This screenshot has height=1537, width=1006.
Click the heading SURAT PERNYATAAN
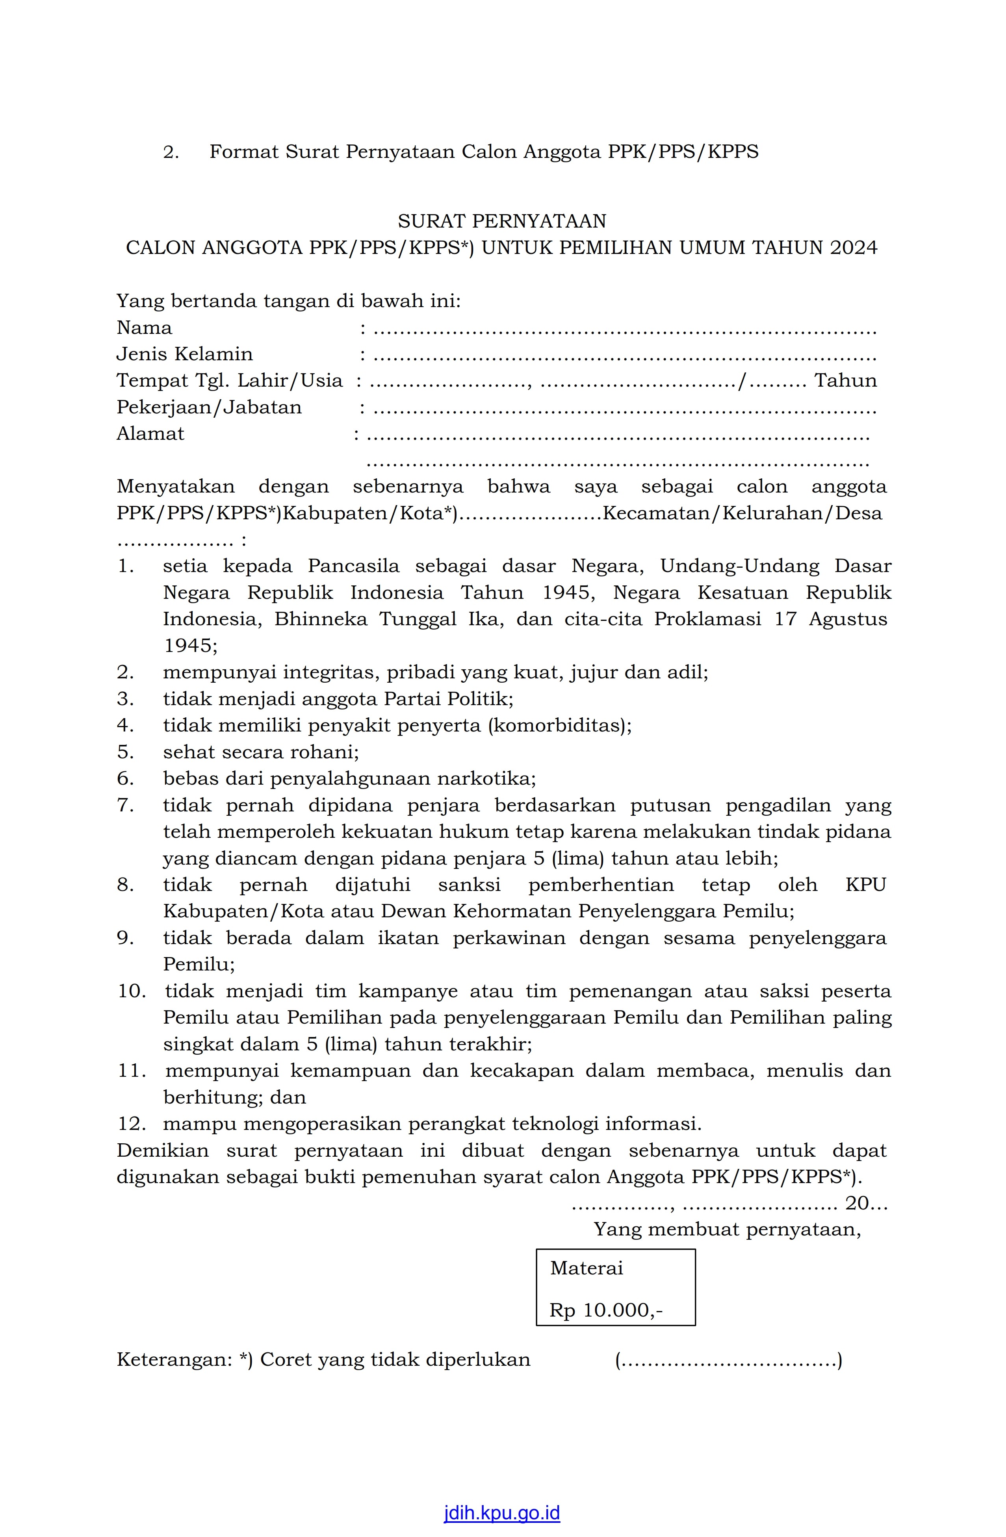[502, 222]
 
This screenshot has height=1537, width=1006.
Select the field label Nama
[144, 328]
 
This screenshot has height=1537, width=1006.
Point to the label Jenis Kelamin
[185, 355]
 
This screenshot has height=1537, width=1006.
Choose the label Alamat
[150, 434]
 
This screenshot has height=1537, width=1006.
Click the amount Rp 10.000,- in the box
[606, 1310]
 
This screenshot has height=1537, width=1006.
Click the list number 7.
[125, 805]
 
